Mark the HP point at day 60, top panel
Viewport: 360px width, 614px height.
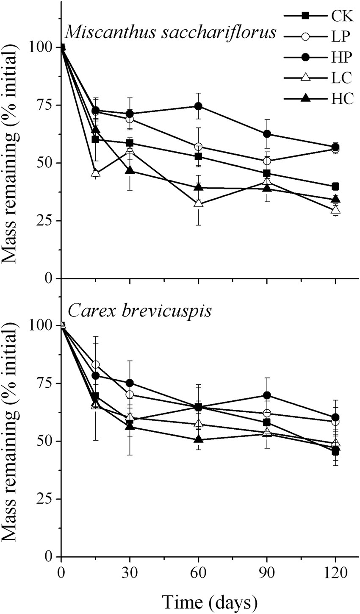coord(198,106)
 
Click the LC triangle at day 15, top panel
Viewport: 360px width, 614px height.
coord(95,173)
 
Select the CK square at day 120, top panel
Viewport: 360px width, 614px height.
coord(335,186)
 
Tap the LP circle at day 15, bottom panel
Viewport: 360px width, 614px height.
coord(95,364)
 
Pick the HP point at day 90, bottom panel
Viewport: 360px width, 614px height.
coord(267,395)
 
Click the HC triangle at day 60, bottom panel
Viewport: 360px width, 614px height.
coord(198,439)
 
